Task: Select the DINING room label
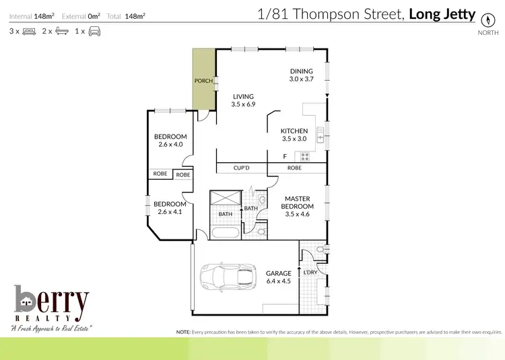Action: coord(301,71)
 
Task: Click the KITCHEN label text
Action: coord(294,131)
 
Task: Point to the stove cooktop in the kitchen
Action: coord(304,157)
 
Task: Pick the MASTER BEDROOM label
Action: coord(297,203)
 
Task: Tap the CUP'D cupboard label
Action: coord(242,168)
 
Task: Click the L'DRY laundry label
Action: coord(310,272)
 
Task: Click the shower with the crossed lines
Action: coord(226,200)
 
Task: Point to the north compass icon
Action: coord(483,19)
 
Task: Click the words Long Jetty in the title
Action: coord(442,14)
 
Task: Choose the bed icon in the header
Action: coord(29,31)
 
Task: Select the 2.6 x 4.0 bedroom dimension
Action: coord(170,144)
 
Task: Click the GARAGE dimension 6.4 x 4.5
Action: coord(278,281)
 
